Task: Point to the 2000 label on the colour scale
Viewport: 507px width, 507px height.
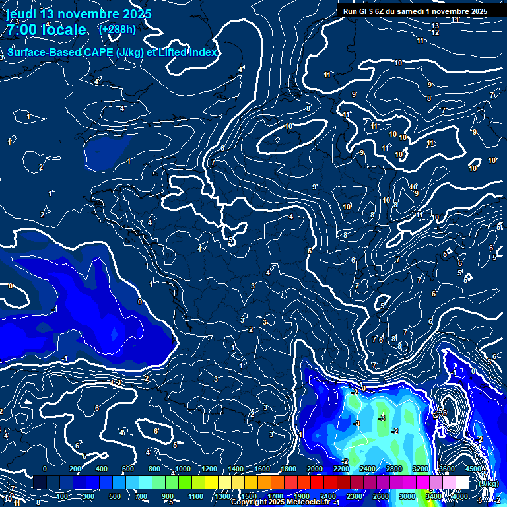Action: click(x=314, y=469)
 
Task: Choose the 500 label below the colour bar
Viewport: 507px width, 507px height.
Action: click(x=115, y=496)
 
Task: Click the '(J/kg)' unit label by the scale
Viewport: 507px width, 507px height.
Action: click(x=489, y=483)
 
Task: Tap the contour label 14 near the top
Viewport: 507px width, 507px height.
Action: click(x=456, y=19)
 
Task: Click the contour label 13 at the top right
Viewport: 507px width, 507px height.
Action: click(x=435, y=26)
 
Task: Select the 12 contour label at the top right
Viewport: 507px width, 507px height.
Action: click(x=435, y=32)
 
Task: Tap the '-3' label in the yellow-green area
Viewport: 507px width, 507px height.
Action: click(x=382, y=418)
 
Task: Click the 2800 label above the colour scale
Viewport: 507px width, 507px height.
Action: click(x=393, y=469)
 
